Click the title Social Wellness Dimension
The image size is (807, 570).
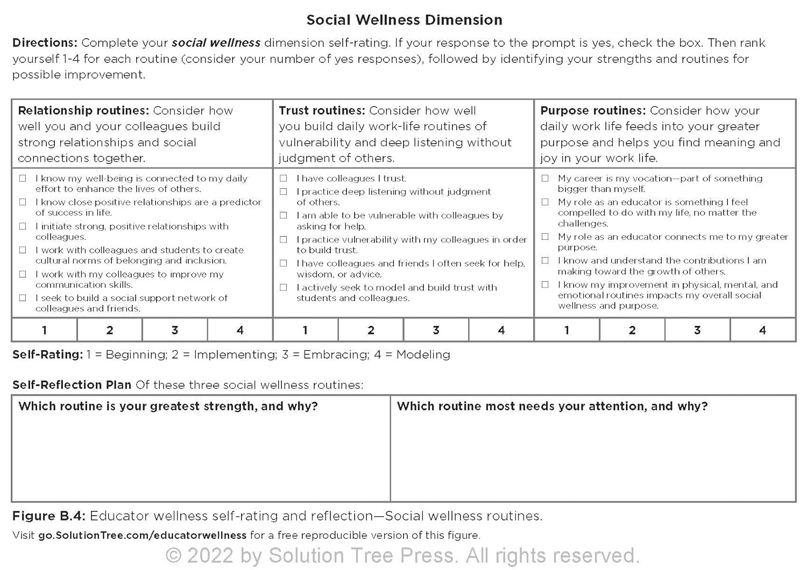pos(404,20)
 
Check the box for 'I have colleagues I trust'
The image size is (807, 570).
pos(284,178)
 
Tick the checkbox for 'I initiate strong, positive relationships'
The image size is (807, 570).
pos(23,226)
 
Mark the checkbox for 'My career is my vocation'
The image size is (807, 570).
pos(545,178)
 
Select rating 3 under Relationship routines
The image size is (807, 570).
pos(175,330)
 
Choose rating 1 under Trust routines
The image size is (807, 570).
pos(305,330)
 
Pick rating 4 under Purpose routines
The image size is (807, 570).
pos(762,330)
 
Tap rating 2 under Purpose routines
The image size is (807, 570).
pos(632,330)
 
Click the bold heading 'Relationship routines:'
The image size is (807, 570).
pos(83,111)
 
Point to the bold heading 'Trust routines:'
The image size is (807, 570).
pos(322,111)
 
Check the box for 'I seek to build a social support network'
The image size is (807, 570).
pos(23,298)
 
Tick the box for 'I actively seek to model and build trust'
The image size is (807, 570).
pos(284,288)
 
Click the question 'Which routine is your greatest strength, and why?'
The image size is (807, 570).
pos(168,407)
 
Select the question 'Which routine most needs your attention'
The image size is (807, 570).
pos(552,407)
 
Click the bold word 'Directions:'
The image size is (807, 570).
pos(45,43)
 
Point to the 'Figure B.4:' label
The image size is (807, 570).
pos(48,516)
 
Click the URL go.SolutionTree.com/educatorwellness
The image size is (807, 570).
pos(142,536)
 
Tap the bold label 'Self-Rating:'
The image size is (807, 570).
pos(47,355)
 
